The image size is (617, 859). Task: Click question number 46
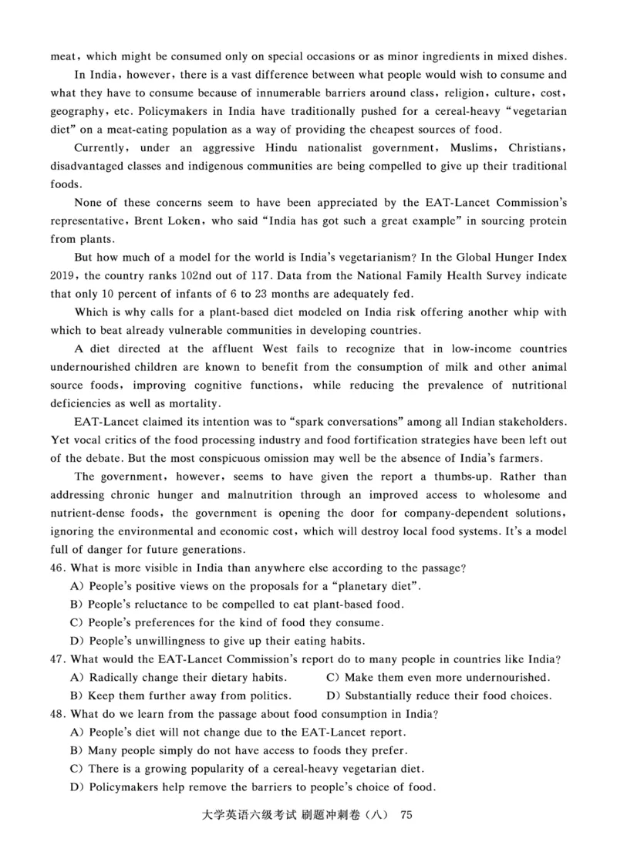59,568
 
